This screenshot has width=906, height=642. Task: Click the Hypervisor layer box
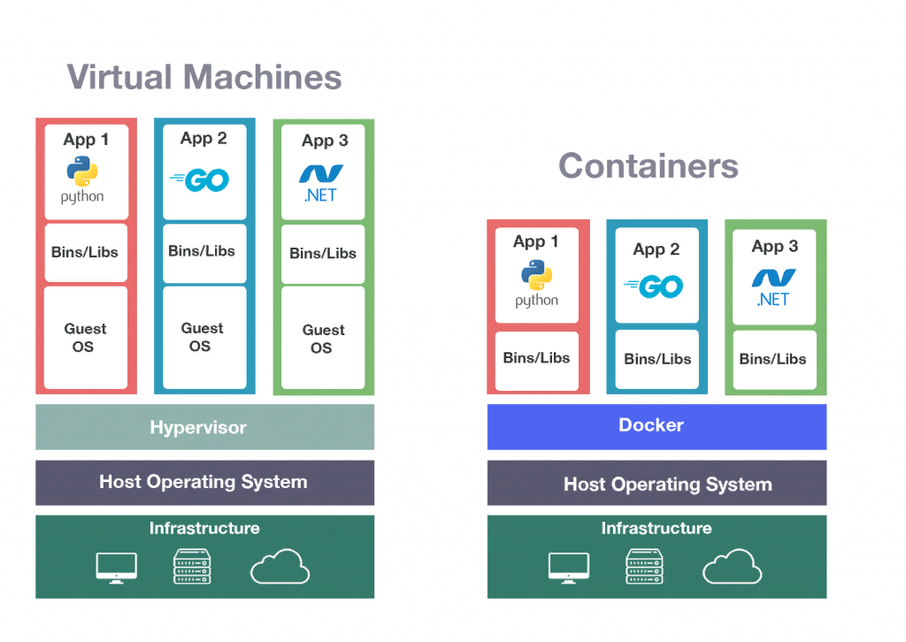pos(204,427)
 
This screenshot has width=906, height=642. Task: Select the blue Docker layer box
pos(656,426)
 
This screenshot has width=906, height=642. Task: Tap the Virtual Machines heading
pos(204,78)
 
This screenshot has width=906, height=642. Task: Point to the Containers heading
pos(649,166)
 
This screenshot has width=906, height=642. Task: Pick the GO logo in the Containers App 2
pos(656,287)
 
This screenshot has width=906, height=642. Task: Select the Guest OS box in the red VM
pos(86,337)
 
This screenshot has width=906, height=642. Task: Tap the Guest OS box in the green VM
pos(323,338)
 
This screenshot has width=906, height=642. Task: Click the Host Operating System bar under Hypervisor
pos(204,482)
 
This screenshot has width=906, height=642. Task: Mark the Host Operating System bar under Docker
pos(656,484)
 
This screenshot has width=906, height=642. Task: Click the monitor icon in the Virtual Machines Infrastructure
pos(116,567)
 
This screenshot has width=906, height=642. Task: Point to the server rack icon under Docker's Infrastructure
pos(644,567)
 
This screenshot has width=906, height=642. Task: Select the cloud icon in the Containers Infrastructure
pos(733,567)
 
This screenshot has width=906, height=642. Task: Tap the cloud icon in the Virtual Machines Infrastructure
pos(280,567)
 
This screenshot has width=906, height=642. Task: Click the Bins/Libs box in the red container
pos(536,359)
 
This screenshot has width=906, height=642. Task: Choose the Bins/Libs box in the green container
pos(773,359)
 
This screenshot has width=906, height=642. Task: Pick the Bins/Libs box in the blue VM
pos(203,252)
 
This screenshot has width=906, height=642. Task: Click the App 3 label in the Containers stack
pos(774,247)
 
